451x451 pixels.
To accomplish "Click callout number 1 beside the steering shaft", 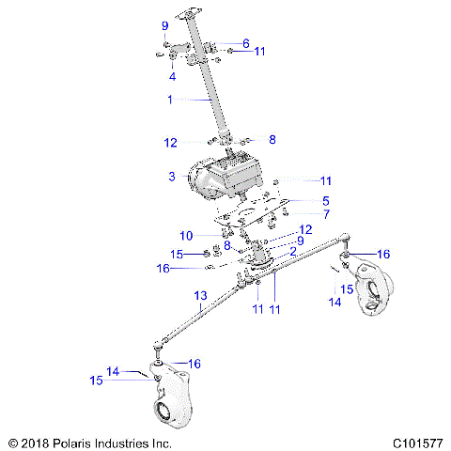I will [170, 99].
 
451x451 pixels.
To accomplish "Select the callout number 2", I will [292, 251].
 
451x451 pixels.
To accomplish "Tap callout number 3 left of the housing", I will [172, 177].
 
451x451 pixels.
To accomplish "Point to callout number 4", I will [173, 77].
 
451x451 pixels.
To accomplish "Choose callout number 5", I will [325, 200].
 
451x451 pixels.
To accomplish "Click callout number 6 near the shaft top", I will [245, 43].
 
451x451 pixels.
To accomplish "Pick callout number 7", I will [325, 214].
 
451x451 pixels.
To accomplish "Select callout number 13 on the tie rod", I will [200, 296].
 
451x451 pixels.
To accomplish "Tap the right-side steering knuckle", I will [378, 291].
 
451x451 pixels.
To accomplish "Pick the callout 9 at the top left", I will [164, 25].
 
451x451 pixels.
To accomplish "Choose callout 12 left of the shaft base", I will [170, 143].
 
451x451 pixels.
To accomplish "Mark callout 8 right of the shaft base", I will [272, 139].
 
